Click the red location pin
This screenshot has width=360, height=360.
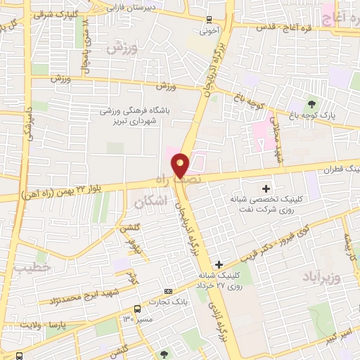[181, 165]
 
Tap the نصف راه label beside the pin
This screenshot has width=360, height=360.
[210, 179]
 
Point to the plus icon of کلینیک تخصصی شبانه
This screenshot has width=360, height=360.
[266, 188]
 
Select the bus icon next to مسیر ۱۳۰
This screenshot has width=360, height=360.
[137, 309]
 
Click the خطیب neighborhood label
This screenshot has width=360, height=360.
[32, 267]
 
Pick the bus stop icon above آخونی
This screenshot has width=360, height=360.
[209, 20]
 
